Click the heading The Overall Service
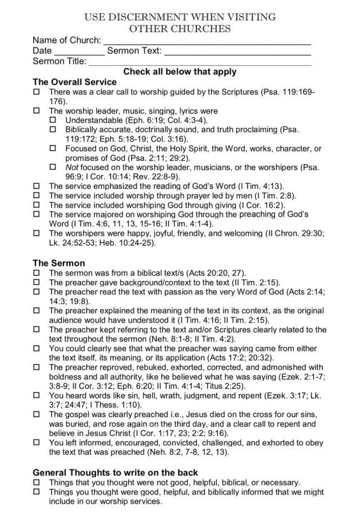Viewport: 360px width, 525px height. pyautogui.click(x=74, y=82)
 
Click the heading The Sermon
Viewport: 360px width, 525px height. pyautogui.click(x=59, y=263)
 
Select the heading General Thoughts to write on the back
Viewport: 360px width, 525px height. pyautogui.click(x=115, y=473)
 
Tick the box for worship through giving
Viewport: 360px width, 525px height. pyautogui.click(x=37, y=205)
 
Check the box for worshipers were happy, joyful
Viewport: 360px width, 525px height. pyautogui.click(x=37, y=234)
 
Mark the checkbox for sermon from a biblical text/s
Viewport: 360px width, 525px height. pyautogui.click(x=37, y=273)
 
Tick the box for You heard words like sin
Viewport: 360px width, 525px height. pyautogui.click(x=37, y=396)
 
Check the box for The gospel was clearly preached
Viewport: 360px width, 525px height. pyautogui.click(x=37, y=415)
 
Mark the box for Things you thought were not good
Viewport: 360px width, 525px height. pyautogui.click(x=37, y=483)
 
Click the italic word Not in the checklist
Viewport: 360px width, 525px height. pyautogui.click(x=71, y=168)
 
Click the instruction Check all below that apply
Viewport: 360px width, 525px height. pyautogui.click(x=179, y=72)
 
